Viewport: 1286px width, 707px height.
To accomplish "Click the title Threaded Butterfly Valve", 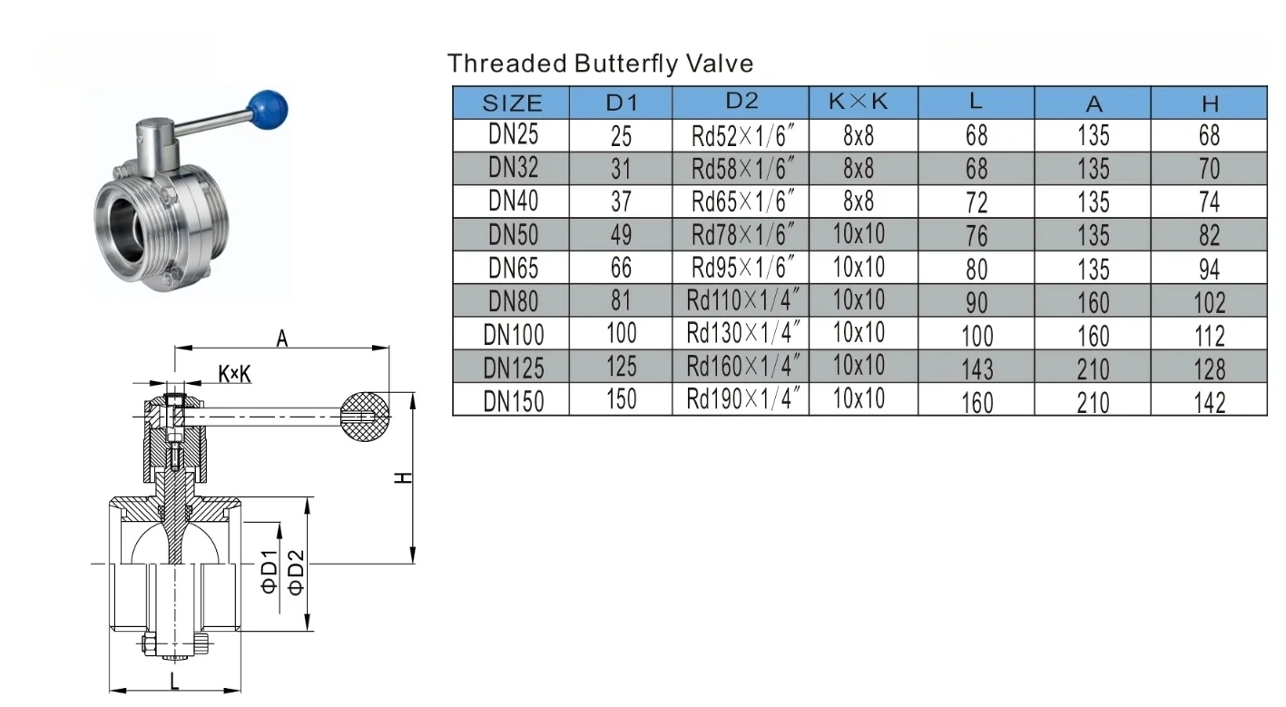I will pyautogui.click(x=600, y=64).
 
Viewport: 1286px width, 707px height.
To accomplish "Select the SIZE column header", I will pyautogui.click(x=511, y=102).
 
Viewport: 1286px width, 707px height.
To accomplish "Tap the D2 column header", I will pyautogui.click(x=741, y=101).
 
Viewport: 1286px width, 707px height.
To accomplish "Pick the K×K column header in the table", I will pyautogui.click(x=858, y=101).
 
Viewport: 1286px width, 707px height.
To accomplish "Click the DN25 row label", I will pyautogui.click(x=513, y=134).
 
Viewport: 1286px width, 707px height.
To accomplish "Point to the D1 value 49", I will pyautogui.click(x=621, y=234).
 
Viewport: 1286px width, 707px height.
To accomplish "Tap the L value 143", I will pyautogui.click(x=977, y=368).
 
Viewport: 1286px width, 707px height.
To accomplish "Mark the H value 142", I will pyautogui.click(x=1209, y=402).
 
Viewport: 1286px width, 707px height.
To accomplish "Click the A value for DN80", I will pyautogui.click(x=1093, y=301).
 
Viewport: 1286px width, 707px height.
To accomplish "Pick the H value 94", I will pyautogui.click(x=1209, y=269).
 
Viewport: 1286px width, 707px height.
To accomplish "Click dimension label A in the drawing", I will pyautogui.click(x=282, y=339).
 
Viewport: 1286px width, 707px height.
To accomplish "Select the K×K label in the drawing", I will pyautogui.click(x=234, y=373).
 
